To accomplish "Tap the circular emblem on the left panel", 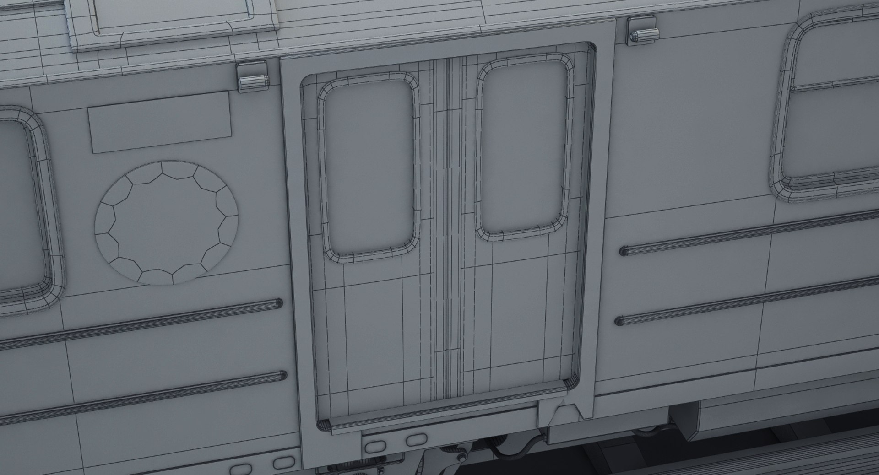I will point(167,222).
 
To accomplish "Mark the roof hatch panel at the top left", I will point(174,18).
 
